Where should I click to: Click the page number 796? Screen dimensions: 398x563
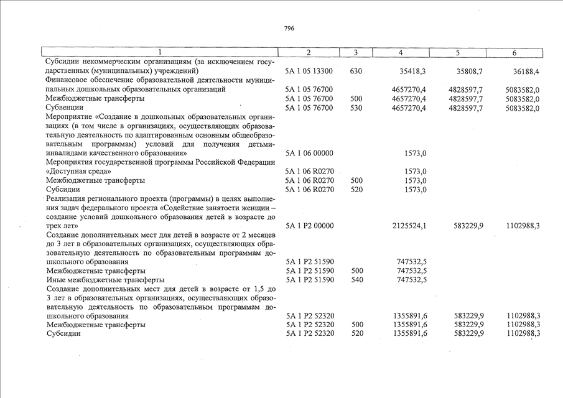289,29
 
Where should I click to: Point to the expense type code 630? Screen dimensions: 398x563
356,72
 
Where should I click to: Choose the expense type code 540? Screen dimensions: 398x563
356,280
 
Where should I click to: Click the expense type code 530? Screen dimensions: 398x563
356,108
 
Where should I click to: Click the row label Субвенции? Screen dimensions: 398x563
63,108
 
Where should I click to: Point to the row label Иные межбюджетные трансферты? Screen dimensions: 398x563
96,280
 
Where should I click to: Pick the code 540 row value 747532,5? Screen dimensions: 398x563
411,280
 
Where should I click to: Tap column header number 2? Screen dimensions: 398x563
309,53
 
